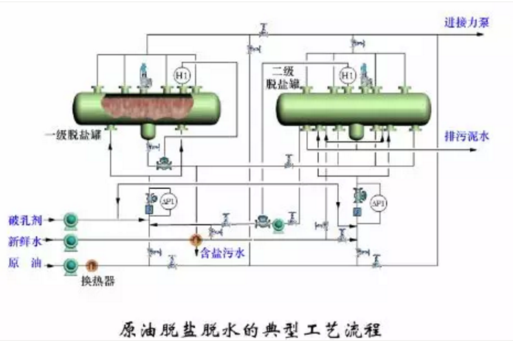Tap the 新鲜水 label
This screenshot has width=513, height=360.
[x=25, y=241]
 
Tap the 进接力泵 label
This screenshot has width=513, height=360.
[x=466, y=23]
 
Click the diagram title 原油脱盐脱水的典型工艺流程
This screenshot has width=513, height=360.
[x=251, y=328]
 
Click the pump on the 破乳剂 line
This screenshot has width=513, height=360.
[x=72, y=219]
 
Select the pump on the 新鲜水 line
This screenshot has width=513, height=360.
[x=71, y=241]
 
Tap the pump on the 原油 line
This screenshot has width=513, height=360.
[x=71, y=264]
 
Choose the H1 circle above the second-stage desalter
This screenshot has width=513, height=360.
[x=347, y=75]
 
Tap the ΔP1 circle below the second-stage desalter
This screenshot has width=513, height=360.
[x=377, y=203]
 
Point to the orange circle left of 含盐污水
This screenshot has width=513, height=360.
[x=196, y=239]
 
